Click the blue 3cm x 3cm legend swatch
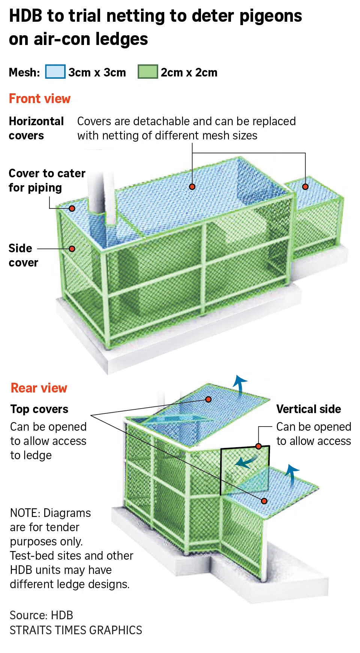click(x=55, y=72)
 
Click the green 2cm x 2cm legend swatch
click(x=148, y=72)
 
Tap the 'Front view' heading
click(x=40, y=99)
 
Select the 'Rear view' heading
click(x=39, y=388)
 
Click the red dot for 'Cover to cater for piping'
click(x=72, y=208)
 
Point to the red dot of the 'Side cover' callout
click(x=72, y=249)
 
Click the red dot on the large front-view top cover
click(x=192, y=187)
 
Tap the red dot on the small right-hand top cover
click(x=305, y=187)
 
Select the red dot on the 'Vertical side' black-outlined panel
click(x=258, y=446)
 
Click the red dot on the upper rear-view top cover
click(x=208, y=399)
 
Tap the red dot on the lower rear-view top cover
click(x=264, y=501)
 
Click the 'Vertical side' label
click(x=309, y=409)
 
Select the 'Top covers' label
click(x=39, y=409)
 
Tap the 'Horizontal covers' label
click(x=36, y=128)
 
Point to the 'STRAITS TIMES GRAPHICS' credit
click(x=76, y=630)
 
